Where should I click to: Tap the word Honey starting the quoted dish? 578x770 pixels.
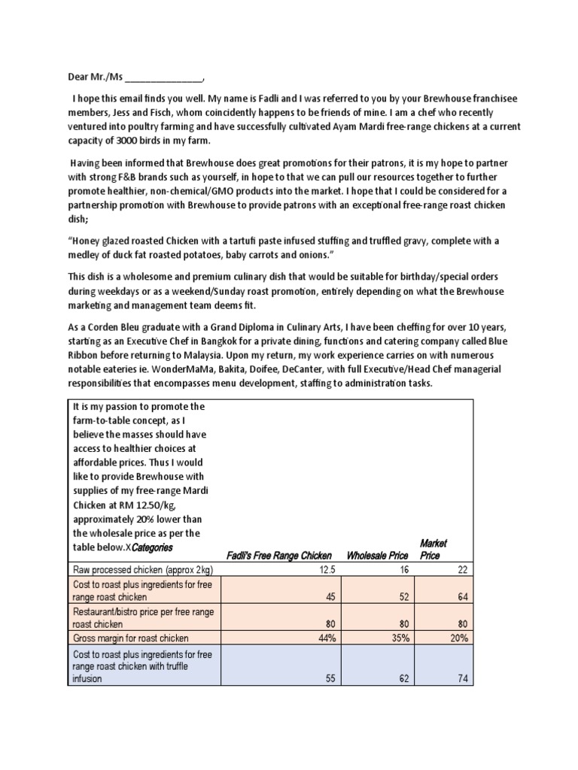click(x=84, y=241)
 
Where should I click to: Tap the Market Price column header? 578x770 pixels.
click(x=433, y=549)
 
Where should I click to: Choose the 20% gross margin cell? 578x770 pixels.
click(x=458, y=638)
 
